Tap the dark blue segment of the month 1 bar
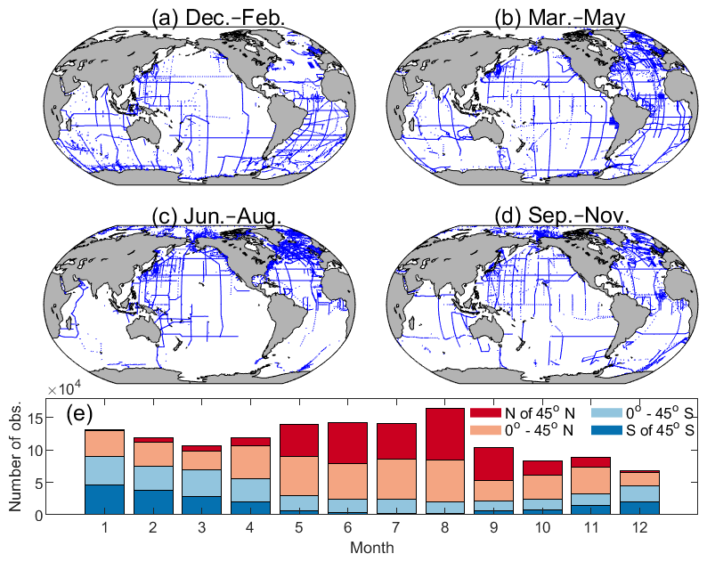tap(104, 500)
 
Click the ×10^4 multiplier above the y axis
tap(65, 390)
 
